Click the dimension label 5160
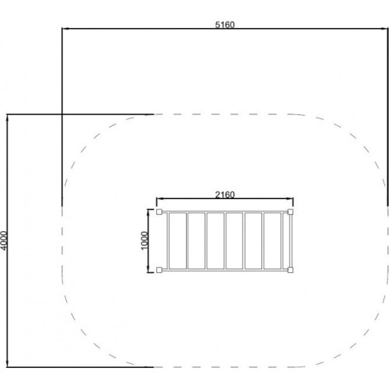point(225,25)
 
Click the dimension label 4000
point(5,240)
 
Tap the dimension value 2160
point(225,194)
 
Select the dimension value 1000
point(145,240)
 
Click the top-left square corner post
point(159,212)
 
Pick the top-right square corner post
point(290,212)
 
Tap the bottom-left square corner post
point(159,270)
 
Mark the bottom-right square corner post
point(290,270)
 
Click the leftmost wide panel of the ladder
point(177,241)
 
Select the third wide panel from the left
point(216,241)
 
